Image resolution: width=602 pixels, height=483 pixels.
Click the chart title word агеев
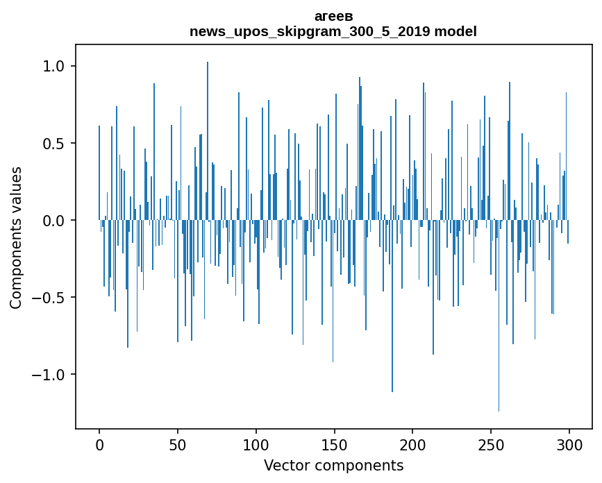333,16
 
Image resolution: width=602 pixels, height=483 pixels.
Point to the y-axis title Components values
16,237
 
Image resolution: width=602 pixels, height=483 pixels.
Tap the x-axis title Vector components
333,465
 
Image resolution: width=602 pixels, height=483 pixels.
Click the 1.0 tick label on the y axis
53,67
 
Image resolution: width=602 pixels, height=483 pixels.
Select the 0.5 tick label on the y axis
53,144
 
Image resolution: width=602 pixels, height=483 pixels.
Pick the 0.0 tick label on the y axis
53,221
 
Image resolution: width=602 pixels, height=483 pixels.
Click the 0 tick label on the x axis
99,445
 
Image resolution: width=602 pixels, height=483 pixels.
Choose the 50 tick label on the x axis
178,445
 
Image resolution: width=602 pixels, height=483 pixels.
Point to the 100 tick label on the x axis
256,445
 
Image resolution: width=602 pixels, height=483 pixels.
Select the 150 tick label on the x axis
334,445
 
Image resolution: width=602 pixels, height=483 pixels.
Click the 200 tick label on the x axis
412,445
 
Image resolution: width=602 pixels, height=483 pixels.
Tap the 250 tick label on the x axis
491,445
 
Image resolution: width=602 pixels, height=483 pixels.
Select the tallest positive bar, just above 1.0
208,139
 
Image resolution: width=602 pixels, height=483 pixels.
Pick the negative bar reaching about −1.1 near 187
392,312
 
